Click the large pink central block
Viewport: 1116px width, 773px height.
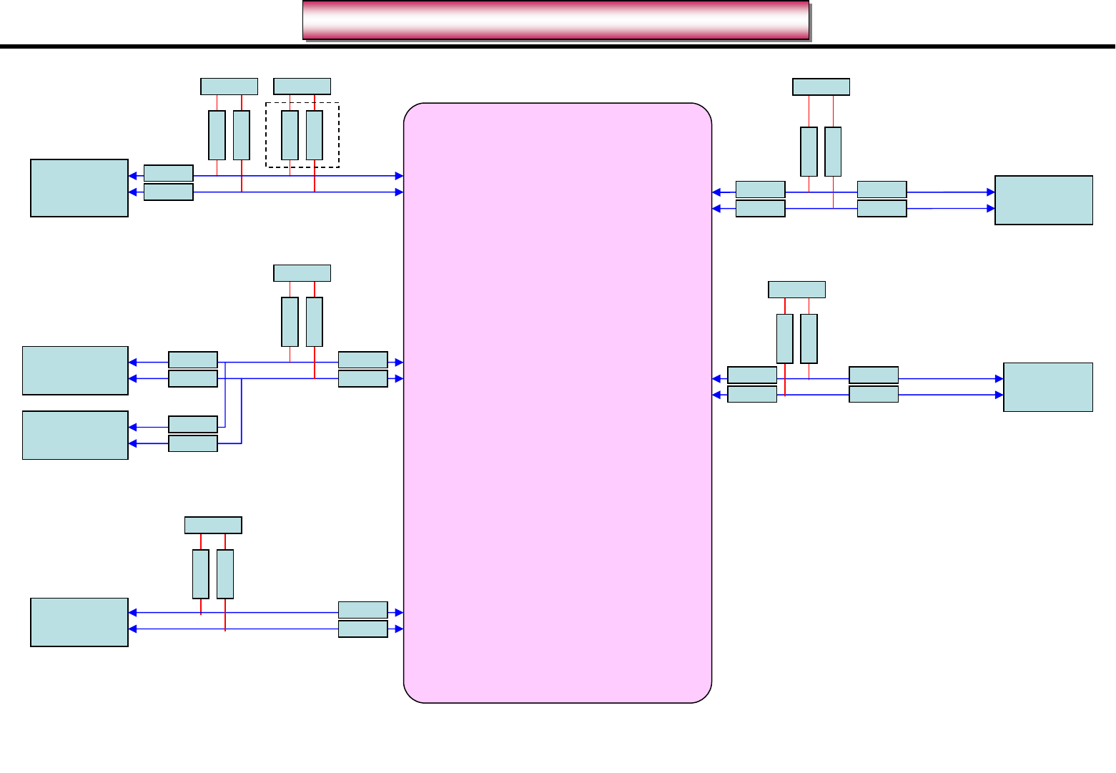tap(558, 403)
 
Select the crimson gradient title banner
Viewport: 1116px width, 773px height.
tap(555, 20)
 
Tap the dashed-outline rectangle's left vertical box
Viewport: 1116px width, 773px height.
tap(290, 135)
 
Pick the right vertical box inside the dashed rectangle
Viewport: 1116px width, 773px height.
tap(315, 135)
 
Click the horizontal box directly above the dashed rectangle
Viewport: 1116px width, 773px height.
tap(302, 87)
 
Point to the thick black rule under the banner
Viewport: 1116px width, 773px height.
tap(558, 47)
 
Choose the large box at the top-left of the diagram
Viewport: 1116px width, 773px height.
tap(79, 188)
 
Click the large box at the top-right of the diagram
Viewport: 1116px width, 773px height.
tap(1044, 200)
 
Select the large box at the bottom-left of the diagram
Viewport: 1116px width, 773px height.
tap(79, 622)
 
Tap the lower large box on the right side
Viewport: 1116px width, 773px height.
tap(1048, 387)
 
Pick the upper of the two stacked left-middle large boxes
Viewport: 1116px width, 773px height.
tap(75, 370)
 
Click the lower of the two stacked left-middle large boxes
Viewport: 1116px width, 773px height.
tap(75, 435)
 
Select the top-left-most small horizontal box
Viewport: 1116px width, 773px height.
tap(229, 87)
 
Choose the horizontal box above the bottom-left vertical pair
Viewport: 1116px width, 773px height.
tap(213, 525)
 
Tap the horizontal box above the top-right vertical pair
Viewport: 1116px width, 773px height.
tap(821, 87)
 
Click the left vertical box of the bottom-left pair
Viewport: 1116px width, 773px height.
tap(201, 573)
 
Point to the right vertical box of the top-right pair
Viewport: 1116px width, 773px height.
tap(833, 152)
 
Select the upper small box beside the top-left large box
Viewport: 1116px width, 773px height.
tap(169, 173)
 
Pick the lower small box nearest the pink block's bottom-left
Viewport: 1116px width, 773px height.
tap(362, 629)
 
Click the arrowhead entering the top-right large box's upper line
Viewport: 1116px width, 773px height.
tap(991, 192)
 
